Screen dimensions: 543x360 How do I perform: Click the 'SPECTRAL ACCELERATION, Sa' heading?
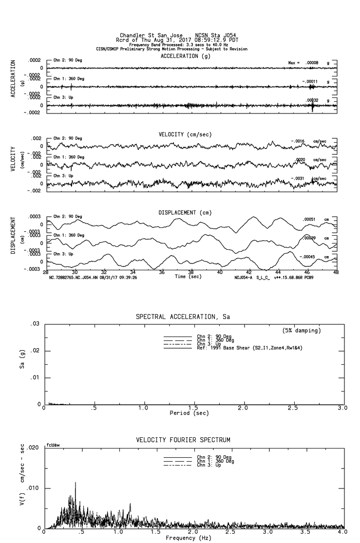pyautogui.click(x=183, y=317)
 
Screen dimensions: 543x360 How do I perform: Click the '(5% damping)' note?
pyautogui.click(x=302, y=331)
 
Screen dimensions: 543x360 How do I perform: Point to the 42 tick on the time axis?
pyautogui.click(x=249, y=272)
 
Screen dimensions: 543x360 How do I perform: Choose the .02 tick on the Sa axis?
pyautogui.click(x=35, y=351)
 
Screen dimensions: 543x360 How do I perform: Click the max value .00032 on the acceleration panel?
pyautogui.click(x=313, y=100)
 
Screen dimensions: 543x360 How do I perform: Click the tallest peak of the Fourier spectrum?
pyautogui.click(x=76, y=483)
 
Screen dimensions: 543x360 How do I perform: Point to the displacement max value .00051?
pyautogui.click(x=309, y=220)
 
